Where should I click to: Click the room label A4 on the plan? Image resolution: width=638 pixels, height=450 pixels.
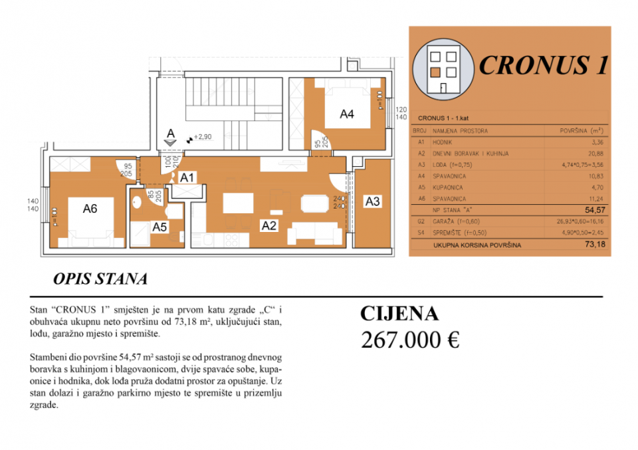(346, 114)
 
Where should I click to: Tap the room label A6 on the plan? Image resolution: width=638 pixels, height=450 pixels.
(90, 208)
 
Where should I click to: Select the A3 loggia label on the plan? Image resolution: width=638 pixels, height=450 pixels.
(372, 201)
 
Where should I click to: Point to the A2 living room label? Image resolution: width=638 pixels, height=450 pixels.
(268, 225)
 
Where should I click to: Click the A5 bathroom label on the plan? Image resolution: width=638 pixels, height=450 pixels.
(159, 227)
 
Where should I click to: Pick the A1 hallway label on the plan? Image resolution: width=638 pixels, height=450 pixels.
(187, 177)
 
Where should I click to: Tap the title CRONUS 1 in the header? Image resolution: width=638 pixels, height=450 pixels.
(542, 65)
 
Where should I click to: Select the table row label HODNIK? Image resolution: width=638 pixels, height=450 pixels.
(444, 142)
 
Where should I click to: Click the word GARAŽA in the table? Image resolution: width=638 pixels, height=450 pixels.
(445, 221)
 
